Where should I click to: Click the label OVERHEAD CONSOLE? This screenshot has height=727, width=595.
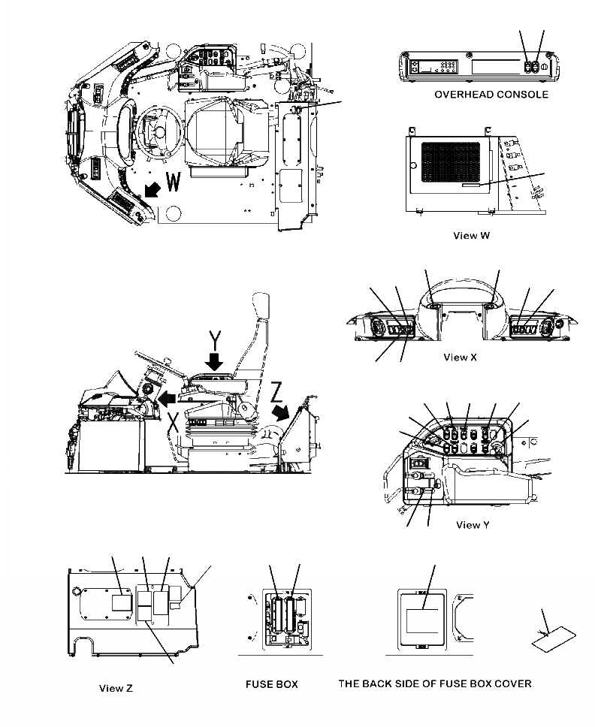(x=491, y=95)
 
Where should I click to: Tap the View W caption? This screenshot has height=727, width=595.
(x=472, y=235)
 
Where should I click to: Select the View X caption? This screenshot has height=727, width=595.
(x=460, y=357)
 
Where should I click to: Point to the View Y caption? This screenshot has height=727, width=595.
(x=473, y=524)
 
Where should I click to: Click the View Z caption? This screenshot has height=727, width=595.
(x=116, y=688)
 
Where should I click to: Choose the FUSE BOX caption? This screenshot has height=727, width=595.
(x=272, y=684)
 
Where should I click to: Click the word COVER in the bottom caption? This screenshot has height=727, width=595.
(x=510, y=683)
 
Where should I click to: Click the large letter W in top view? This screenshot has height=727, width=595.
(x=172, y=183)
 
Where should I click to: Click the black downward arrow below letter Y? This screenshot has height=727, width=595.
(x=216, y=363)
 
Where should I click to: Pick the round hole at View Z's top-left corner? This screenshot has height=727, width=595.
(x=76, y=590)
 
